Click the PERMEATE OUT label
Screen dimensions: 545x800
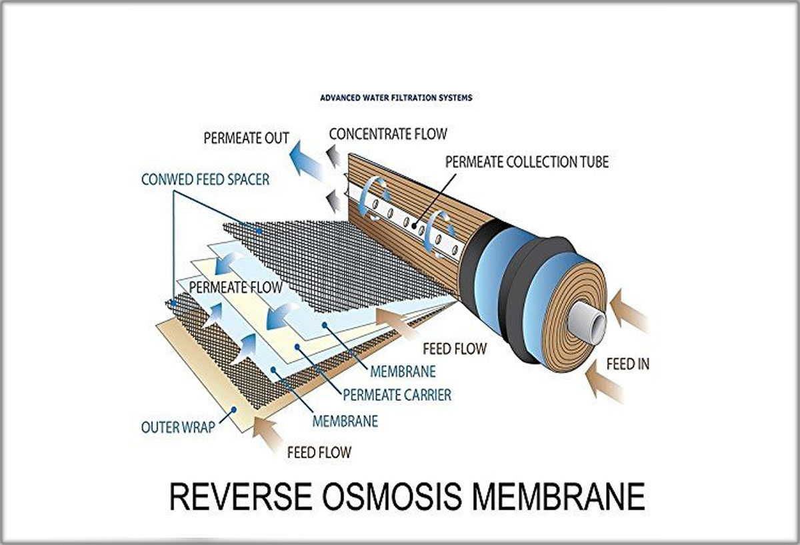(246, 139)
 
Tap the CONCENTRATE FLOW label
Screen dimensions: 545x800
(387, 134)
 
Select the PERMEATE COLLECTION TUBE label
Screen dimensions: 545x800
(527, 161)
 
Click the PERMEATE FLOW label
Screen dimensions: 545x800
(236, 288)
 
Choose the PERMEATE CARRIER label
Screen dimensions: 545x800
(397, 395)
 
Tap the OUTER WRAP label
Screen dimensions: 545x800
(178, 427)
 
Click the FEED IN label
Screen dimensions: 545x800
(627, 365)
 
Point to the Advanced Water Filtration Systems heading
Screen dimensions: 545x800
(396, 97)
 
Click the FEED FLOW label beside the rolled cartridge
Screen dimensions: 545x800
(455, 348)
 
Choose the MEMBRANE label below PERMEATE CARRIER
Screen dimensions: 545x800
(345, 421)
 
